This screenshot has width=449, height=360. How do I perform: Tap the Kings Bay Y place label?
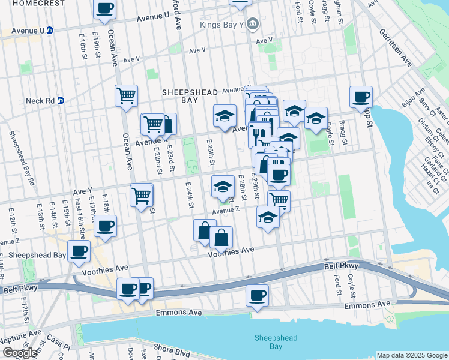[225, 25]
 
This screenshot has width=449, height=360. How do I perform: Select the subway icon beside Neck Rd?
[60, 100]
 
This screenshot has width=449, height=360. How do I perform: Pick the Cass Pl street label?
[61, 347]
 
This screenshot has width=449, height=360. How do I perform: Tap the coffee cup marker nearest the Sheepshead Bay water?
[257, 295]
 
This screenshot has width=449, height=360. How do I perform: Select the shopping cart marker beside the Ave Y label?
[141, 194]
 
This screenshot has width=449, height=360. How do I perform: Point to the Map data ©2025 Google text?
[412, 355]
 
